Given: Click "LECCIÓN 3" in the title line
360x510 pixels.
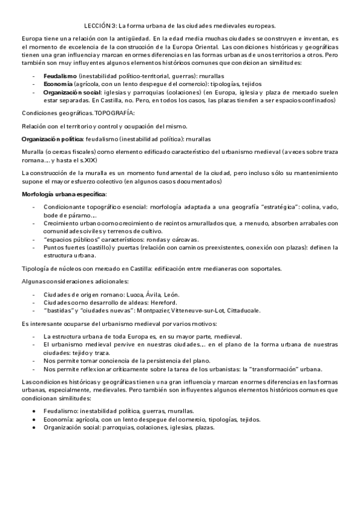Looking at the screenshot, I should click(99, 26).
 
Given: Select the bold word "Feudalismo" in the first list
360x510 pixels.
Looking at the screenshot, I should click(59, 77).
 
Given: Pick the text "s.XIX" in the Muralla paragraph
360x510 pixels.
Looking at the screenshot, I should click(85, 161).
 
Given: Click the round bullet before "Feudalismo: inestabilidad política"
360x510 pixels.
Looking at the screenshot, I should click(35, 411).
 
